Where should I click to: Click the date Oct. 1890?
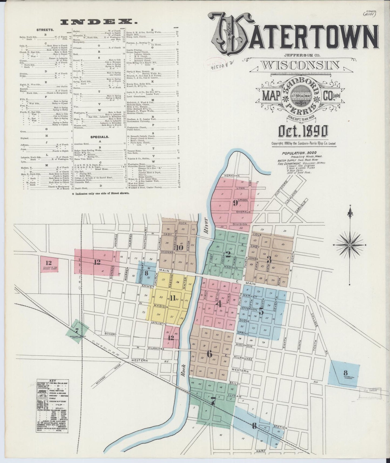(303, 132)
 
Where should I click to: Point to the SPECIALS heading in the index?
(99, 137)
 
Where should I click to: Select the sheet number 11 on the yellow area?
(173, 298)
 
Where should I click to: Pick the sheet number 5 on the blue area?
(261, 311)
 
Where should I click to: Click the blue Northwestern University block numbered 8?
(344, 373)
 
